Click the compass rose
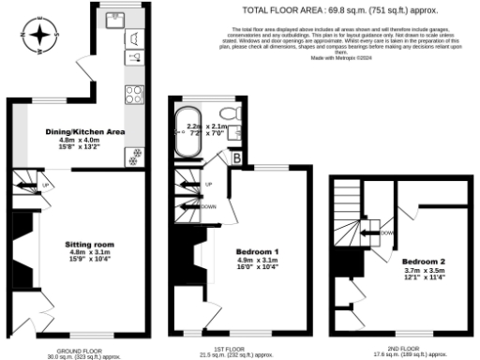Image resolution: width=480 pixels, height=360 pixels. tap(40, 37)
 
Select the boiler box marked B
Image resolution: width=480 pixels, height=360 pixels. tap(237, 158)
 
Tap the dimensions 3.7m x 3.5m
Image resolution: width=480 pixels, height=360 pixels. tap(421, 270)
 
